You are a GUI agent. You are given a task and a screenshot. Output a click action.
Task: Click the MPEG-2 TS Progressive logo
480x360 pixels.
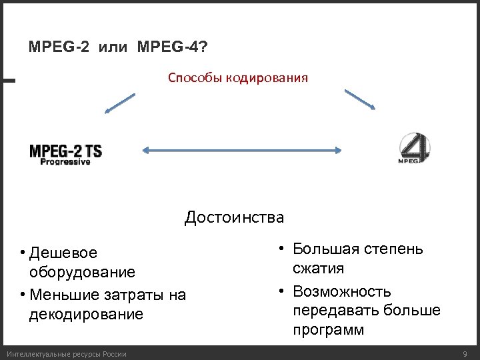(65, 154)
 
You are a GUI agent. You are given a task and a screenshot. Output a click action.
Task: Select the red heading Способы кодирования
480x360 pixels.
(237, 79)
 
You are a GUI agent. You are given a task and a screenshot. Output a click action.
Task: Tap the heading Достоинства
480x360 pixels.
(234, 217)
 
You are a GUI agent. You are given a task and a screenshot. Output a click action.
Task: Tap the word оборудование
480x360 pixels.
(83, 272)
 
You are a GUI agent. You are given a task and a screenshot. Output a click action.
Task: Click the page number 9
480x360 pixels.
(465, 353)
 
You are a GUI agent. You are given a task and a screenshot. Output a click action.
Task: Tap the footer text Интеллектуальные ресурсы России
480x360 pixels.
(65, 353)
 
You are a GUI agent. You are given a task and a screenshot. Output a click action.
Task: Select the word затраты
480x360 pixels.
(135, 295)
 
